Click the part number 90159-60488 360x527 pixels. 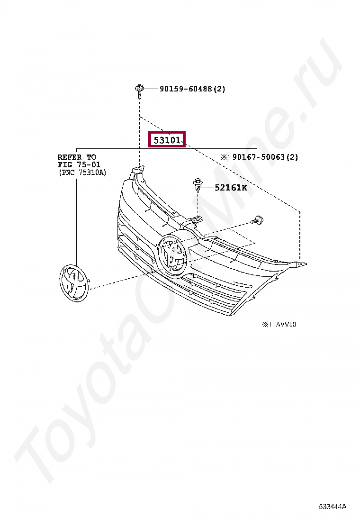[x=186, y=89]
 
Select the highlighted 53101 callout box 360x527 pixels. [x=167, y=139]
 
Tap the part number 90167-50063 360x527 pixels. [x=259, y=157]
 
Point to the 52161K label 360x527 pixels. [x=231, y=188]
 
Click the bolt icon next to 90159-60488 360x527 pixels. [x=139, y=91]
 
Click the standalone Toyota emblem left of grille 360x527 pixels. [x=74, y=283]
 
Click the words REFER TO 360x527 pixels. [x=77, y=157]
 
